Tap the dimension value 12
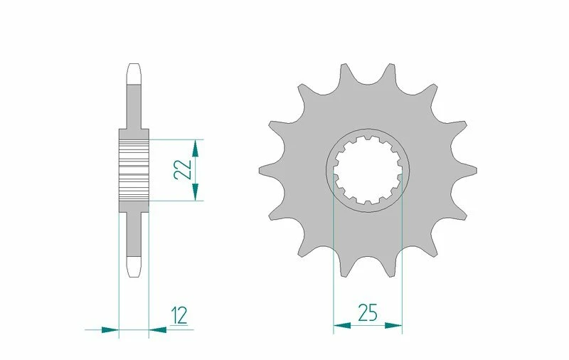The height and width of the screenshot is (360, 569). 179,314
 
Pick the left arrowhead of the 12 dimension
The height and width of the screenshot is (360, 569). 110,329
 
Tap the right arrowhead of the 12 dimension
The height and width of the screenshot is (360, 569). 157,329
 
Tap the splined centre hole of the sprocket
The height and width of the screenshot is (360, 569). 367,171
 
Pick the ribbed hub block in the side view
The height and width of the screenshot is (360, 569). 133,170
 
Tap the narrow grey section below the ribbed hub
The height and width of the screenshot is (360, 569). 133,233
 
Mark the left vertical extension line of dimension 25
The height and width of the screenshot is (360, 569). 334,270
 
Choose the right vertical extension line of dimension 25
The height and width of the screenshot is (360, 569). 403,270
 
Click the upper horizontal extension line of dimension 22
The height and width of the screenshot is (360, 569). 178,139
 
